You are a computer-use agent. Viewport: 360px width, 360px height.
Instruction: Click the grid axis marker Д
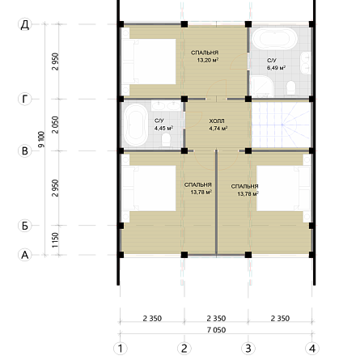click(x=25, y=24)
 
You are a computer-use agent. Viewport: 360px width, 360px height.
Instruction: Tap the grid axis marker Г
click(x=25, y=99)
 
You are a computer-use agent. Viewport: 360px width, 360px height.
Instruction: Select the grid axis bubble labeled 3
click(x=248, y=349)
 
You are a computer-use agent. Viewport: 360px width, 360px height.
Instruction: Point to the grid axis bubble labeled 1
click(x=121, y=349)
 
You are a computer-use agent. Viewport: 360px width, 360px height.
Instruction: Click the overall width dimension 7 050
click(x=216, y=330)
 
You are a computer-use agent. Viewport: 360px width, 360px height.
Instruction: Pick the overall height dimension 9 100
click(x=41, y=139)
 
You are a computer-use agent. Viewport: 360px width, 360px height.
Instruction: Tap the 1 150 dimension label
click(x=55, y=240)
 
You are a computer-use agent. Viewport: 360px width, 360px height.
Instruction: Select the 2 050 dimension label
click(x=55, y=125)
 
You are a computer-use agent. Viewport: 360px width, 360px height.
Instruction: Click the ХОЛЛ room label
click(x=217, y=121)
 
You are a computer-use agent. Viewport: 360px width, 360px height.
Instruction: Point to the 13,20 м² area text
click(x=208, y=60)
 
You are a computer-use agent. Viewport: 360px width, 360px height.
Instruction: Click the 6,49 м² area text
click(x=277, y=67)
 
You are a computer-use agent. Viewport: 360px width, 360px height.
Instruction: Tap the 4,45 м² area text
click(x=163, y=128)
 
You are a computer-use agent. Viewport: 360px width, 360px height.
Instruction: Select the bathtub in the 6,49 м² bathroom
click(x=274, y=39)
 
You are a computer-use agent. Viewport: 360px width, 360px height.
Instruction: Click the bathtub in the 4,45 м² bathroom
click(x=135, y=125)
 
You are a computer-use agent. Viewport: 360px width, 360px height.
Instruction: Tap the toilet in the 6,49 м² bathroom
click(x=291, y=88)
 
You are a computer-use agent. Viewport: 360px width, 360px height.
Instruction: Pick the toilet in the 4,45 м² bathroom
click(x=167, y=141)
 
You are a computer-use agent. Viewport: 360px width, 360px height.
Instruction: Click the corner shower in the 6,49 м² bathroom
click(x=261, y=86)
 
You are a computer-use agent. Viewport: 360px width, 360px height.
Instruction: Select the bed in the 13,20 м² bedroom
click(x=149, y=61)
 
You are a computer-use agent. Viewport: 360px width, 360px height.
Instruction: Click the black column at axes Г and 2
click(x=184, y=99)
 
